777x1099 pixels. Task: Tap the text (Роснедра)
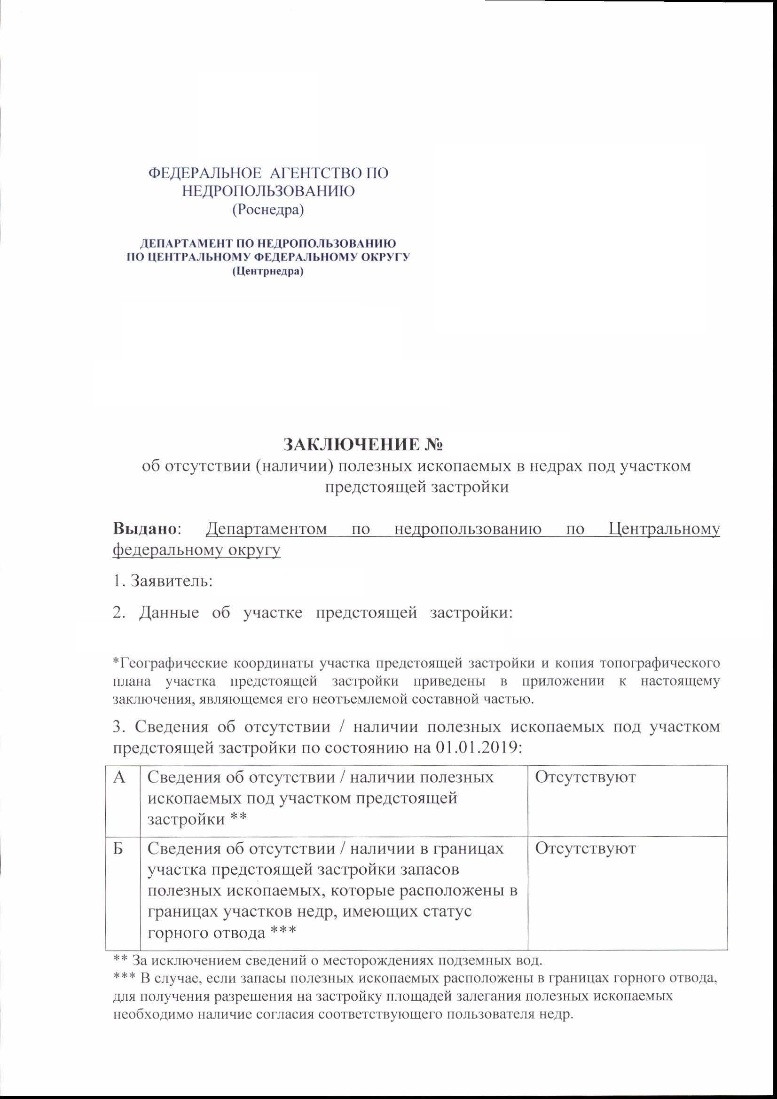pyautogui.click(x=268, y=210)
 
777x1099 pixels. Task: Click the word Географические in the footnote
pyautogui.click(x=165, y=664)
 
